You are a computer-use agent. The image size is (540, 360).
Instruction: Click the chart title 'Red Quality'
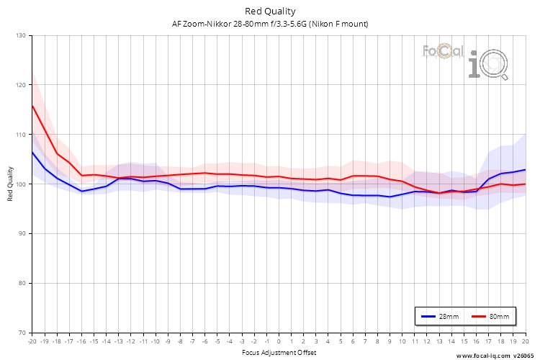(x=270, y=11)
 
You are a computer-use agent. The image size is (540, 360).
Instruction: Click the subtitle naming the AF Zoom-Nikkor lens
(x=270, y=24)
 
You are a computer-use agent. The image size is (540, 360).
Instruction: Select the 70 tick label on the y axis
(x=22, y=333)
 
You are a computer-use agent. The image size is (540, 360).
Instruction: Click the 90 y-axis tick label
(x=22, y=234)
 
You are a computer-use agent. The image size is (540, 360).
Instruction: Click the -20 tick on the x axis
(x=32, y=341)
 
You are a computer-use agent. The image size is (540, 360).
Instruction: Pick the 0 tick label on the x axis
(x=279, y=341)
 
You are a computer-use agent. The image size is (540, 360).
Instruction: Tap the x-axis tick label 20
(x=525, y=341)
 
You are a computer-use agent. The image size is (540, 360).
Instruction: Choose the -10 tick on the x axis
(x=155, y=341)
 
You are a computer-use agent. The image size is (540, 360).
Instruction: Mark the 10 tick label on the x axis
(x=402, y=341)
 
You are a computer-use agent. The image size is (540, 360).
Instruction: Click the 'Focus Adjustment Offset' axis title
(x=278, y=353)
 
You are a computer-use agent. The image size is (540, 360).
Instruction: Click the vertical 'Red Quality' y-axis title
(x=11, y=184)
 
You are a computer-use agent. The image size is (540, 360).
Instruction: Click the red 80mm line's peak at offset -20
(x=32, y=106)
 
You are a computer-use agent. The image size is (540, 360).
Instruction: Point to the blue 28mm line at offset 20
(x=525, y=170)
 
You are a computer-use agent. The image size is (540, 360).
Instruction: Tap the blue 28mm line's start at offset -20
(x=32, y=152)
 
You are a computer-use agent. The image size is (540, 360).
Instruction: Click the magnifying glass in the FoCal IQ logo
(x=495, y=67)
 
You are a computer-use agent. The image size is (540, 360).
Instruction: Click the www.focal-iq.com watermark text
(x=482, y=355)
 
